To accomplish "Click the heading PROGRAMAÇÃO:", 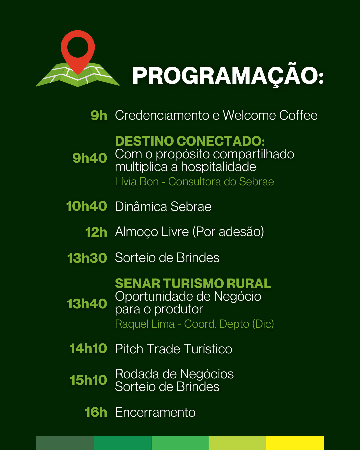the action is [228, 76].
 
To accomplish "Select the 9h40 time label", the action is [90, 158].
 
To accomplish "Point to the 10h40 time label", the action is [87, 206].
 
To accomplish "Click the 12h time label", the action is [96, 232].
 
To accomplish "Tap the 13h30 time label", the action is [87, 258].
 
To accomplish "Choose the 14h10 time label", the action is [88, 348].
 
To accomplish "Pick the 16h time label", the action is [96, 412].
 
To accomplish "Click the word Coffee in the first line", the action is [298, 115].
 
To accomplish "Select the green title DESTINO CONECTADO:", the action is [190, 141].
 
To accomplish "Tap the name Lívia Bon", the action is [137, 182].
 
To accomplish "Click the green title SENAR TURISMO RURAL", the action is [193, 284].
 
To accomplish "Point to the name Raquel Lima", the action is [145, 324].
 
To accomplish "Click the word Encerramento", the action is [155, 412].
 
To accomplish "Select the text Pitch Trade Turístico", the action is [174, 349].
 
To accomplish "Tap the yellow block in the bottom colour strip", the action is [295, 443].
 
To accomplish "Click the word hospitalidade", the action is [218, 167].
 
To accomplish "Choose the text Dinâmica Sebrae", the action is [163, 207].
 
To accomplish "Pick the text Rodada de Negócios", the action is [174, 374].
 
